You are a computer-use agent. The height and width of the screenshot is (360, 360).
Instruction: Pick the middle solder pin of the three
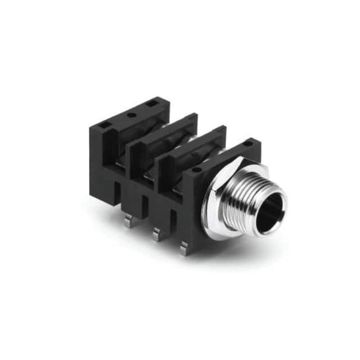[x=156, y=233]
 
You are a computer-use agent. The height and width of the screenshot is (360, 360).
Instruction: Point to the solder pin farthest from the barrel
[x=129, y=220]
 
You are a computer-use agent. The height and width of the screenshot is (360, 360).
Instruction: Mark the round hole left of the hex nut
[x=196, y=170]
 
